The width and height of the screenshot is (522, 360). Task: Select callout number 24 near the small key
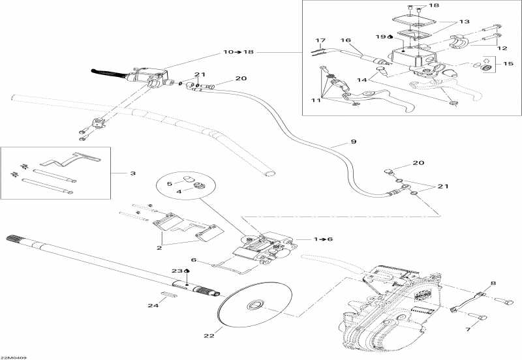coord(153,306)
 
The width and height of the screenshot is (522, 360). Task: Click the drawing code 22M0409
coord(14,356)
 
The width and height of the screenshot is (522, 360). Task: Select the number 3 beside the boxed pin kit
coord(133,173)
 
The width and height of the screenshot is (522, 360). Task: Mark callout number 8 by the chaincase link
coord(493,283)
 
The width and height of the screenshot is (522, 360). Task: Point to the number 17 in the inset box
coord(320,40)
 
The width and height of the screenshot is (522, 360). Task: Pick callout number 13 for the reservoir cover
coord(464,22)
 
